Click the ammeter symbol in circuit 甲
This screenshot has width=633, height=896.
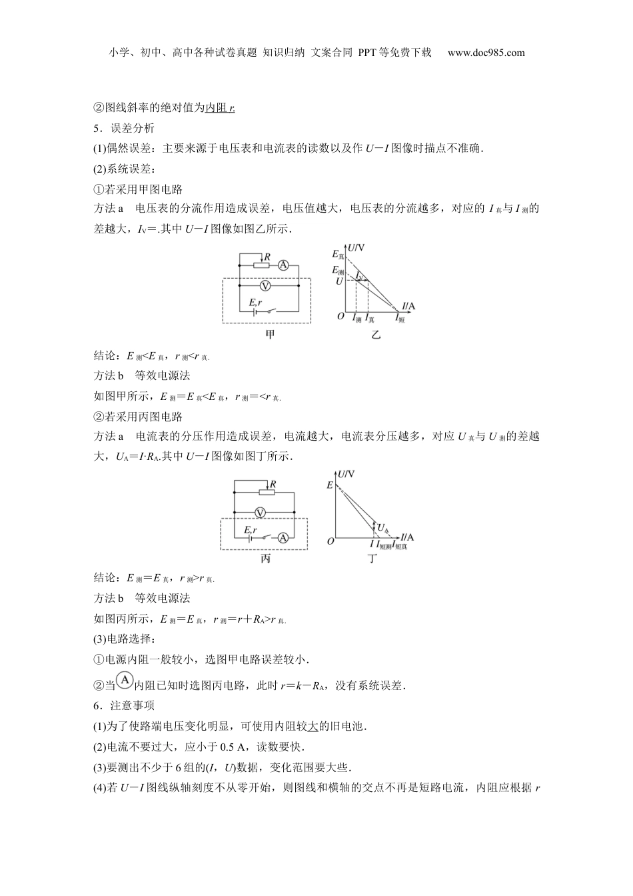[283, 265]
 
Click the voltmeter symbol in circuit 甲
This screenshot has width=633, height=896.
[265, 285]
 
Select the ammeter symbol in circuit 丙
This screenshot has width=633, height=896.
[283, 537]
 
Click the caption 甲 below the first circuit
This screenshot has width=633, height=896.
[270, 335]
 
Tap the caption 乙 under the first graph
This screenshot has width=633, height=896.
[376, 335]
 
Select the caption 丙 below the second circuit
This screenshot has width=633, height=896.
[265, 559]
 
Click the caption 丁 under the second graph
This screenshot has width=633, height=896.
[372, 559]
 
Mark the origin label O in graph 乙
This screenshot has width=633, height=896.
[340, 315]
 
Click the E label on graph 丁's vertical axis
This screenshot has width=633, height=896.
[330, 485]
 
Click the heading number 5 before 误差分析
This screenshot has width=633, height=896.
[97, 129]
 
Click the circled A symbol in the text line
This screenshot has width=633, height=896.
[125, 681]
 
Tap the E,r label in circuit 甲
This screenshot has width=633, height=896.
[257, 303]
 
